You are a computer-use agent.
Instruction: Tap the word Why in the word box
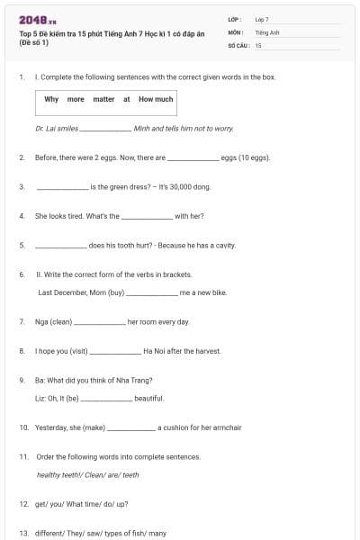pyautogui.click(x=52, y=99)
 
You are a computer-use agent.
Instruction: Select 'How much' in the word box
pyautogui.click(x=156, y=99)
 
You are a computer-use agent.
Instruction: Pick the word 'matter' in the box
pyautogui.click(x=103, y=99)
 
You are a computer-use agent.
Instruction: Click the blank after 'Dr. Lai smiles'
pyautogui.click(x=105, y=129)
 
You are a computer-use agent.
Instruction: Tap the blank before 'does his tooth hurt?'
pyautogui.click(x=61, y=245)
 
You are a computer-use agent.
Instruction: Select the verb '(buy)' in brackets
pyautogui.click(x=116, y=292)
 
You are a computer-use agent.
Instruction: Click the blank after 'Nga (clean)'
pyautogui.click(x=99, y=321)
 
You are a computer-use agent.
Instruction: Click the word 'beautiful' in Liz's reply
pyautogui.click(x=148, y=398)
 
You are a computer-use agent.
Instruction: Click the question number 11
pyautogui.click(x=23, y=456)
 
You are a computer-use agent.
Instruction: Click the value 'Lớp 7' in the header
pyautogui.click(x=262, y=19)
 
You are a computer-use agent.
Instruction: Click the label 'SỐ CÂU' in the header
pyautogui.click(x=238, y=44)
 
